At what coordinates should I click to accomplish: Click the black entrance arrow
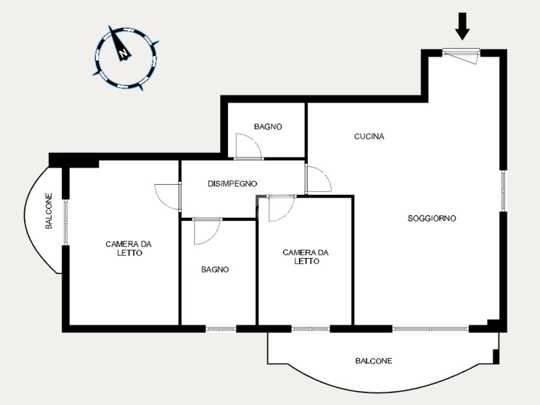[x=462, y=26]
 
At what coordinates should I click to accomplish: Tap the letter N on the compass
[x=123, y=53]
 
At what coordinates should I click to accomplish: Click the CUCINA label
[x=369, y=137]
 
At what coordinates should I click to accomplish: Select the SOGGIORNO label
[x=432, y=218]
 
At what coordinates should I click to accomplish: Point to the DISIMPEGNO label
[x=232, y=184]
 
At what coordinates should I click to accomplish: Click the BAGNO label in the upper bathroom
[x=268, y=127]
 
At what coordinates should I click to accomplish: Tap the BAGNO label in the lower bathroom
[x=215, y=269]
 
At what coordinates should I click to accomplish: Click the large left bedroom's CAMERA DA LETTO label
[x=129, y=248]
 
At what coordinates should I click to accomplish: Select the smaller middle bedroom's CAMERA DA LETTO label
[x=305, y=257]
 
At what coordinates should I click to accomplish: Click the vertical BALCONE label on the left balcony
[x=49, y=211]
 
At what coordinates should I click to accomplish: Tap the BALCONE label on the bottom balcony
[x=374, y=361]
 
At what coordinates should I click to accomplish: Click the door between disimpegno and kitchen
[x=318, y=179]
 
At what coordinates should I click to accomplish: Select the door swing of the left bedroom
[x=168, y=197]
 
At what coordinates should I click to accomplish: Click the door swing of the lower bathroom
[x=207, y=231]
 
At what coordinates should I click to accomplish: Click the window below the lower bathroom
[x=221, y=329]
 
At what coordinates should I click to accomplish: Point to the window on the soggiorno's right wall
[x=503, y=190]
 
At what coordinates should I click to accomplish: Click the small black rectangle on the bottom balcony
[x=496, y=356]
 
